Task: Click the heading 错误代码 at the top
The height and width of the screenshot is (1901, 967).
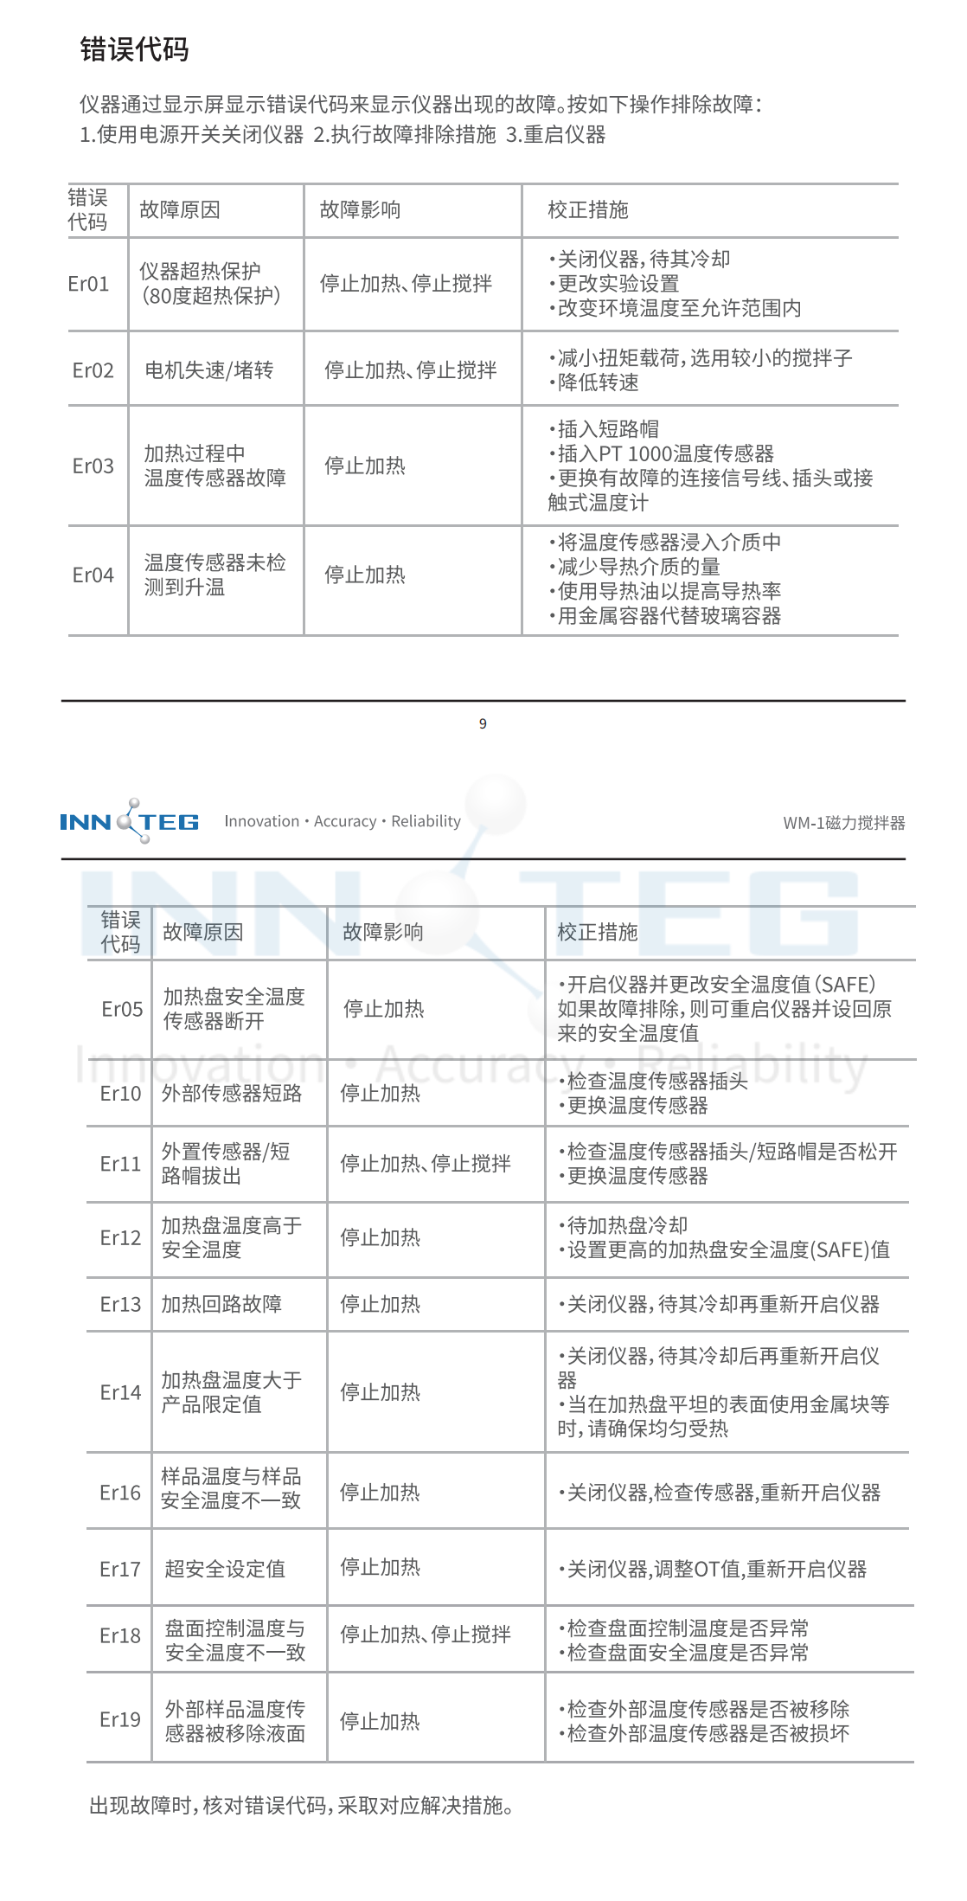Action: coord(134,49)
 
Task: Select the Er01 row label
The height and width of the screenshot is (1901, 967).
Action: coord(88,284)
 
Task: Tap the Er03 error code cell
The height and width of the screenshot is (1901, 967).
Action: coord(93,466)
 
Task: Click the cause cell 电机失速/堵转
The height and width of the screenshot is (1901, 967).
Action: coord(209,370)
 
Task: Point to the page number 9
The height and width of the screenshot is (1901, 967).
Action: coord(483,723)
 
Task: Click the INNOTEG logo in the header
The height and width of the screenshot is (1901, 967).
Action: coord(130,821)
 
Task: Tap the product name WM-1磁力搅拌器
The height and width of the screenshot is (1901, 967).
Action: coord(843,823)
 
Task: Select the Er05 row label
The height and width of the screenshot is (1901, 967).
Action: coord(122,1009)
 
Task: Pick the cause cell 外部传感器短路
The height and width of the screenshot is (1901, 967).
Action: coord(232,1093)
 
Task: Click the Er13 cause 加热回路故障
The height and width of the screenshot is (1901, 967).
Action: coord(221,1304)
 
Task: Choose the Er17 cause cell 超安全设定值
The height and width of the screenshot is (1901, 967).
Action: coord(225,1569)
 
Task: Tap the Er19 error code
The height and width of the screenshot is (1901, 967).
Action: coord(120,1719)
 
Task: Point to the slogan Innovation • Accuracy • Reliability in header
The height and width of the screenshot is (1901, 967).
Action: coord(343,821)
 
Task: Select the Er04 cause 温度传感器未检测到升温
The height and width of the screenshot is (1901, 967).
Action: coord(215,575)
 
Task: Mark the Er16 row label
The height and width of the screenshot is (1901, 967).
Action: coord(120,1493)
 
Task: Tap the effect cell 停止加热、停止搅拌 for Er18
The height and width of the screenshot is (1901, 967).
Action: coord(426,1634)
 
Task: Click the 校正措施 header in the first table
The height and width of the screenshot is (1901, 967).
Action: coord(588,209)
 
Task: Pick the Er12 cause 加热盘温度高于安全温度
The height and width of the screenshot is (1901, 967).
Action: coord(232,1237)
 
